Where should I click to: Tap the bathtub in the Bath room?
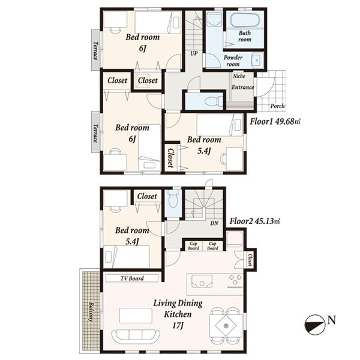[x=245, y=20]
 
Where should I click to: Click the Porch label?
[x=277, y=107]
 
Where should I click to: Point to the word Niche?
[x=238, y=77]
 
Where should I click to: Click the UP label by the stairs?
[x=194, y=53]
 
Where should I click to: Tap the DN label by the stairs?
[x=214, y=224]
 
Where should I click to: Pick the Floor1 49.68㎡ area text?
[x=274, y=121]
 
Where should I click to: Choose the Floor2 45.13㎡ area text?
[x=255, y=221]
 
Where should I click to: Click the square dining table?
[x=226, y=326]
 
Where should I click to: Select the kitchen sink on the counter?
[x=202, y=280]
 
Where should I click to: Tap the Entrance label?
[x=242, y=88]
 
